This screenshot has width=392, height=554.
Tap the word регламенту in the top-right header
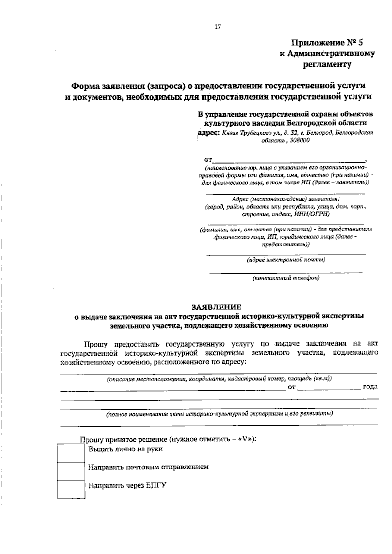(x=327, y=64)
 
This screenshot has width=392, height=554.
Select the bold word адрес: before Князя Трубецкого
(x=209, y=133)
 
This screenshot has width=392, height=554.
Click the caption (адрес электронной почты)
(x=286, y=260)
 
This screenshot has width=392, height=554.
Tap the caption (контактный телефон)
(x=286, y=278)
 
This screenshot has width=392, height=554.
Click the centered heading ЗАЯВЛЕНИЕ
(x=216, y=307)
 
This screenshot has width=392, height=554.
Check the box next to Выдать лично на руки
(x=71, y=453)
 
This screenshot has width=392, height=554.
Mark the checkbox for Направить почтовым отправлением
(x=71, y=471)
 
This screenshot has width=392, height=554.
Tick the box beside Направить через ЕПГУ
(x=71, y=489)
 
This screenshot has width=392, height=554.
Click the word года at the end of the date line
(x=370, y=387)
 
